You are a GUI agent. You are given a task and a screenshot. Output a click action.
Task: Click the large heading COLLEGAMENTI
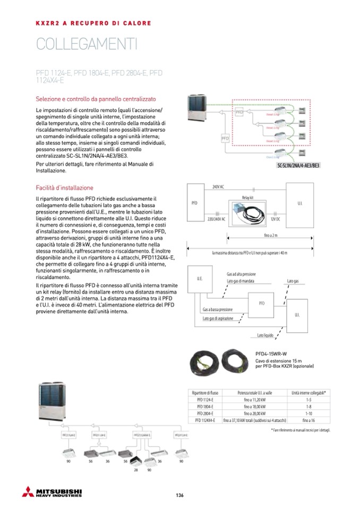tap(87, 45)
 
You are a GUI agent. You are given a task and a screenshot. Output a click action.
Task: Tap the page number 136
tap(179, 495)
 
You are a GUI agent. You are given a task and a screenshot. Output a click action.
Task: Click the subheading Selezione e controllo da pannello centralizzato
tap(96, 99)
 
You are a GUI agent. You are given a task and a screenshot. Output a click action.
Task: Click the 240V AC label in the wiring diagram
tap(218, 187)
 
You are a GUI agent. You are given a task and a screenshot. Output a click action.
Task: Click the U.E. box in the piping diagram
tap(200, 279)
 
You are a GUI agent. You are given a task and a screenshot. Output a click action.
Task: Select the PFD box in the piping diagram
tap(262, 303)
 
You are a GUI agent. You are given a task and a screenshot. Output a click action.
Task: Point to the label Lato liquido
tap(265, 335)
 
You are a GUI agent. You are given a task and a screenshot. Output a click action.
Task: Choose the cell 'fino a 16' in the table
tap(309, 419)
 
